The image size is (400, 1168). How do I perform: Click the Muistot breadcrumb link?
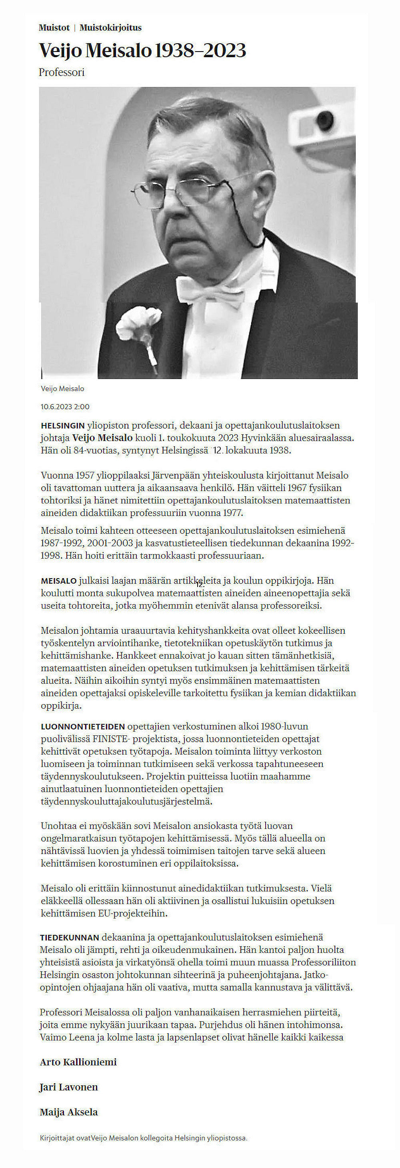click(x=54, y=28)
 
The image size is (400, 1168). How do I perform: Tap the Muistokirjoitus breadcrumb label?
click(x=110, y=28)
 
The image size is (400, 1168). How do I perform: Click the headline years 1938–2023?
click(x=200, y=51)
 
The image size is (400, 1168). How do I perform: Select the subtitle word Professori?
click(x=62, y=72)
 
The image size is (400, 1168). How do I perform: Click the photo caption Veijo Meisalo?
click(x=62, y=389)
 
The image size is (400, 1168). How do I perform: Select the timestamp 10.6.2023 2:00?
click(x=65, y=407)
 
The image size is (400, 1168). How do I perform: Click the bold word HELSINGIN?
click(x=62, y=426)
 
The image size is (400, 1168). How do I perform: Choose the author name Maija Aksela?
click(x=68, y=1112)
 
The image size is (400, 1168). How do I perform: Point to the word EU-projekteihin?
click(x=133, y=913)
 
